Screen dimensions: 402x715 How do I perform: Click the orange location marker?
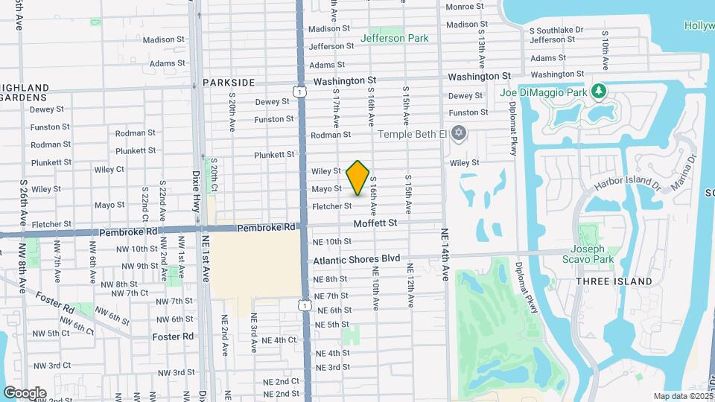(x=358, y=178)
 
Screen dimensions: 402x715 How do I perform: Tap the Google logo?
(x=25, y=393)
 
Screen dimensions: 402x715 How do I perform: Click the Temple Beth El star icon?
(x=459, y=134)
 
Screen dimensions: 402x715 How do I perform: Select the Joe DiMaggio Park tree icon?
(x=598, y=92)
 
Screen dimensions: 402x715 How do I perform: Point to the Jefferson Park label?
(x=394, y=38)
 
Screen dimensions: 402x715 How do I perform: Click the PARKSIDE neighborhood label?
(x=228, y=83)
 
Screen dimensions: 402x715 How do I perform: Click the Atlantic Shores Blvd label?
(x=357, y=261)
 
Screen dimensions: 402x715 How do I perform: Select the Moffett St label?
(x=375, y=223)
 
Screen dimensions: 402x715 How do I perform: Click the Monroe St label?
(x=464, y=7)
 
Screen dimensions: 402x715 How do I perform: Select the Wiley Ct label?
(x=130, y=169)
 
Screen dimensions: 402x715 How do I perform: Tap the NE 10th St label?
(x=332, y=241)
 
